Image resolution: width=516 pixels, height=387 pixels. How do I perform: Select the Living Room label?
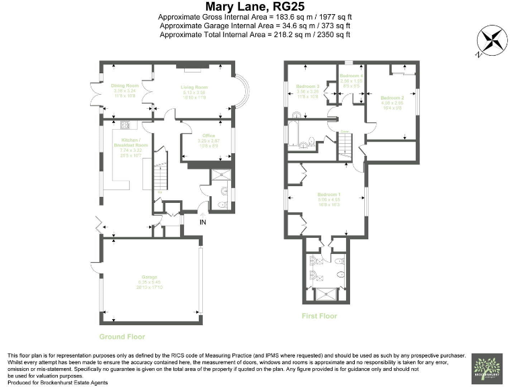[195, 87]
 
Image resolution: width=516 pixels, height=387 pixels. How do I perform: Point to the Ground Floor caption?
[122, 337]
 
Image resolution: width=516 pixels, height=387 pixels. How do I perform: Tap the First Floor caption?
[319, 316]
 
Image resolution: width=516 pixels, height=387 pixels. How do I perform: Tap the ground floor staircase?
[159, 174]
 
